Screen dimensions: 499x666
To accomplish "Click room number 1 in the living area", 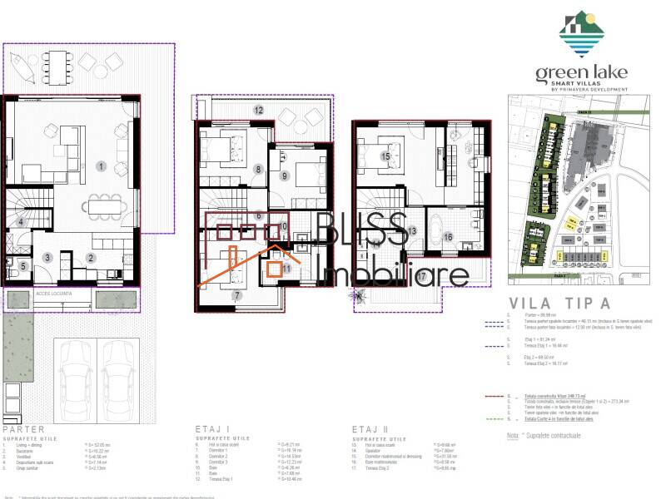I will tap(101, 166).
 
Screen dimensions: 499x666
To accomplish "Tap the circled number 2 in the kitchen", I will tap(91, 258).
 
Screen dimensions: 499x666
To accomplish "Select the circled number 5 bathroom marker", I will tap(23, 266).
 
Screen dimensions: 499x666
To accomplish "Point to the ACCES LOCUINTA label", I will tap(56, 294).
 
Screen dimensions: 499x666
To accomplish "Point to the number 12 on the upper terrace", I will tap(259, 110).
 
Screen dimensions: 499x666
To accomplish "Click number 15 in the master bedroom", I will tap(385, 156).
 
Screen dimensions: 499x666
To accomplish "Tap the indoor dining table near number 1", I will tap(109, 205).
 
